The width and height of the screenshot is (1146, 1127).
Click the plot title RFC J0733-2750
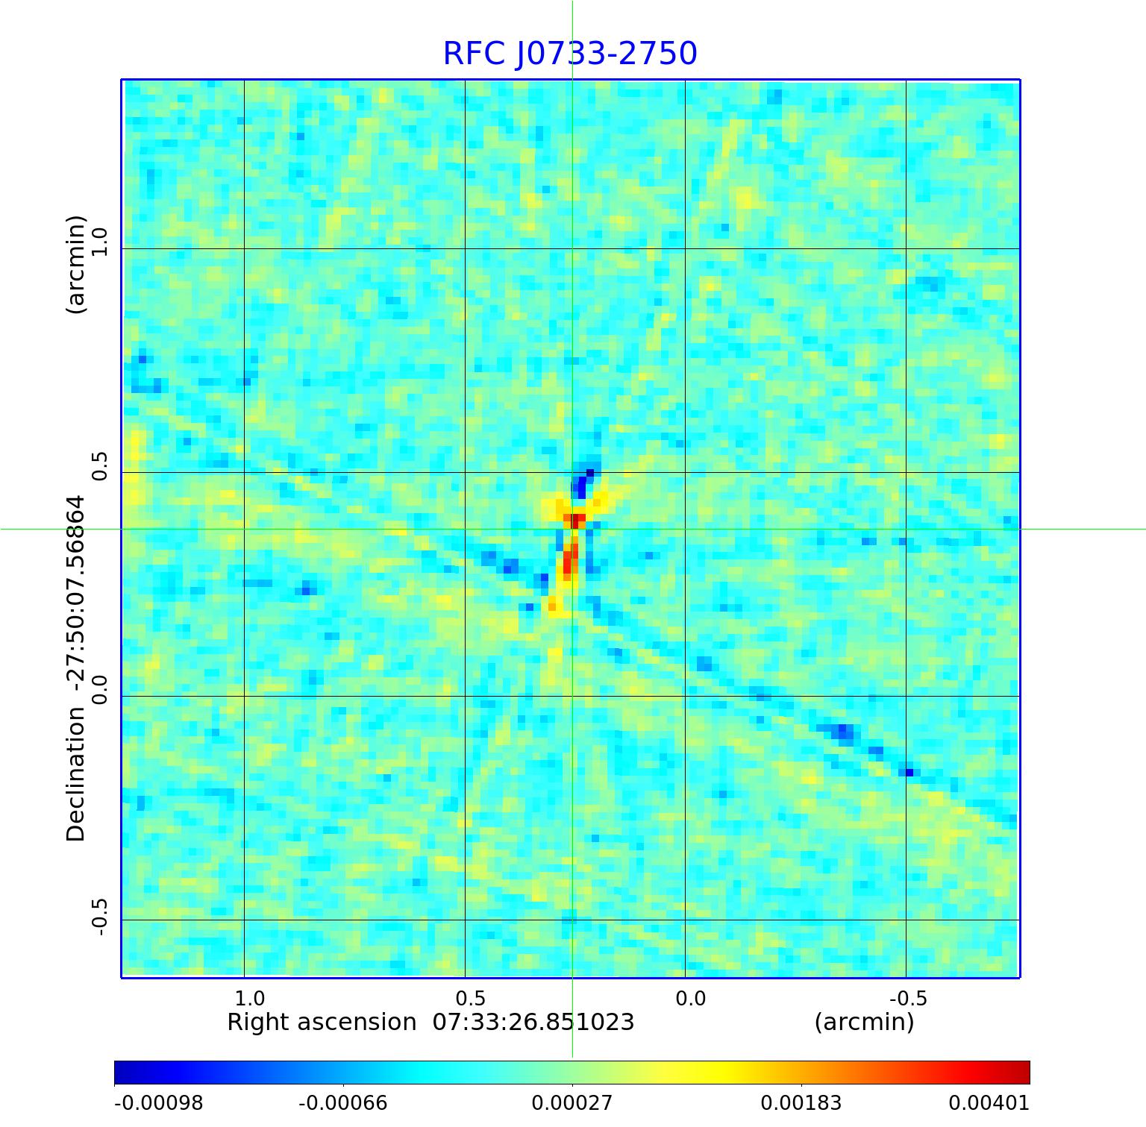pyautogui.click(x=570, y=54)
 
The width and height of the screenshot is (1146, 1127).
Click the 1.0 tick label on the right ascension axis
pyautogui.click(x=249, y=998)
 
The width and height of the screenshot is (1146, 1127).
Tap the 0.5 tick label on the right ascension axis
pyautogui.click(x=470, y=998)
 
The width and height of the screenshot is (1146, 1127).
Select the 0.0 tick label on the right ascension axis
pyautogui.click(x=690, y=998)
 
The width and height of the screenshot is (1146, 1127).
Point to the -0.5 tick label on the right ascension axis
pyautogui.click(x=907, y=998)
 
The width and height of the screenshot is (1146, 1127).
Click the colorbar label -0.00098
pyautogui.click(x=158, y=1102)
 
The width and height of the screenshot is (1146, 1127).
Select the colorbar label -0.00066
pyautogui.click(x=342, y=1102)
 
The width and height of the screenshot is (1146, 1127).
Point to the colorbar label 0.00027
pyautogui.click(x=572, y=1102)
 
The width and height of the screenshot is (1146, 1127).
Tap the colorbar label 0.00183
pyautogui.click(x=801, y=1102)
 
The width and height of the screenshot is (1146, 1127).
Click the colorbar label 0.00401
pyautogui.click(x=989, y=1102)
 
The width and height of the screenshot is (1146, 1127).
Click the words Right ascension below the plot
pyautogui.click(x=322, y=1022)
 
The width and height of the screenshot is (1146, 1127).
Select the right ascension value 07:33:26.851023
pyautogui.click(x=533, y=1022)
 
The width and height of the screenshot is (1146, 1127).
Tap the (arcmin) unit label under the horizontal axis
pyautogui.click(x=864, y=1022)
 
